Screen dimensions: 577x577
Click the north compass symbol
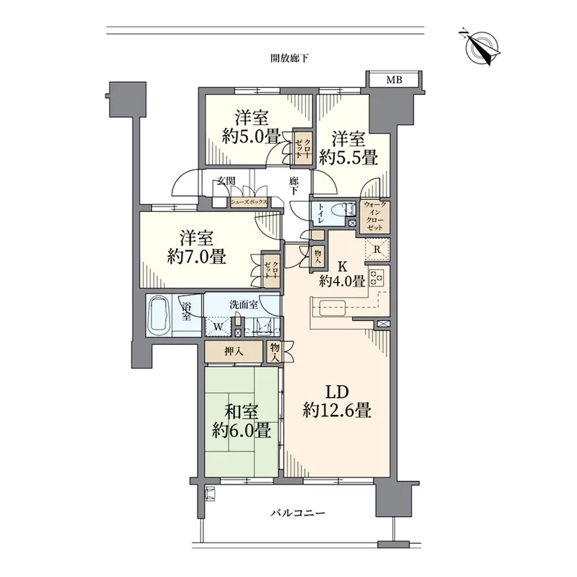click(480, 48)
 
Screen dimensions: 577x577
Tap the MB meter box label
click(394, 79)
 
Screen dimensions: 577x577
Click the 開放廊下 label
click(290, 58)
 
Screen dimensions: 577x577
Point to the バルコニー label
click(298, 513)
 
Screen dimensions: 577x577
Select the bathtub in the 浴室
click(159, 315)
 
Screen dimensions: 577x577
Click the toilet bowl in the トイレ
click(340, 211)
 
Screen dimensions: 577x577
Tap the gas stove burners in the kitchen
click(376, 277)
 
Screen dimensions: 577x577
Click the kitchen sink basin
click(332, 308)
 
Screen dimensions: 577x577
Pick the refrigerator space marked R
click(376, 250)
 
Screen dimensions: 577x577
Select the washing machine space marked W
click(218, 327)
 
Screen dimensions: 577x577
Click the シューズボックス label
click(249, 202)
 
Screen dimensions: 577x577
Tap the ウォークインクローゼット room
click(375, 216)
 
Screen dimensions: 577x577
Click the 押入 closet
click(234, 352)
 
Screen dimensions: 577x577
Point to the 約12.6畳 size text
click(337, 410)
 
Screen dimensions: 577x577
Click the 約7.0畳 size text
click(196, 257)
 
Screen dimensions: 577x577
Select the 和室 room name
click(241, 412)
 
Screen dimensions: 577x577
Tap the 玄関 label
click(226, 181)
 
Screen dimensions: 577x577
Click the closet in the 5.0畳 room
click(303, 146)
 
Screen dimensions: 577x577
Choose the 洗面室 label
click(244, 304)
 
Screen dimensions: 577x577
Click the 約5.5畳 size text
click(348, 158)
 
